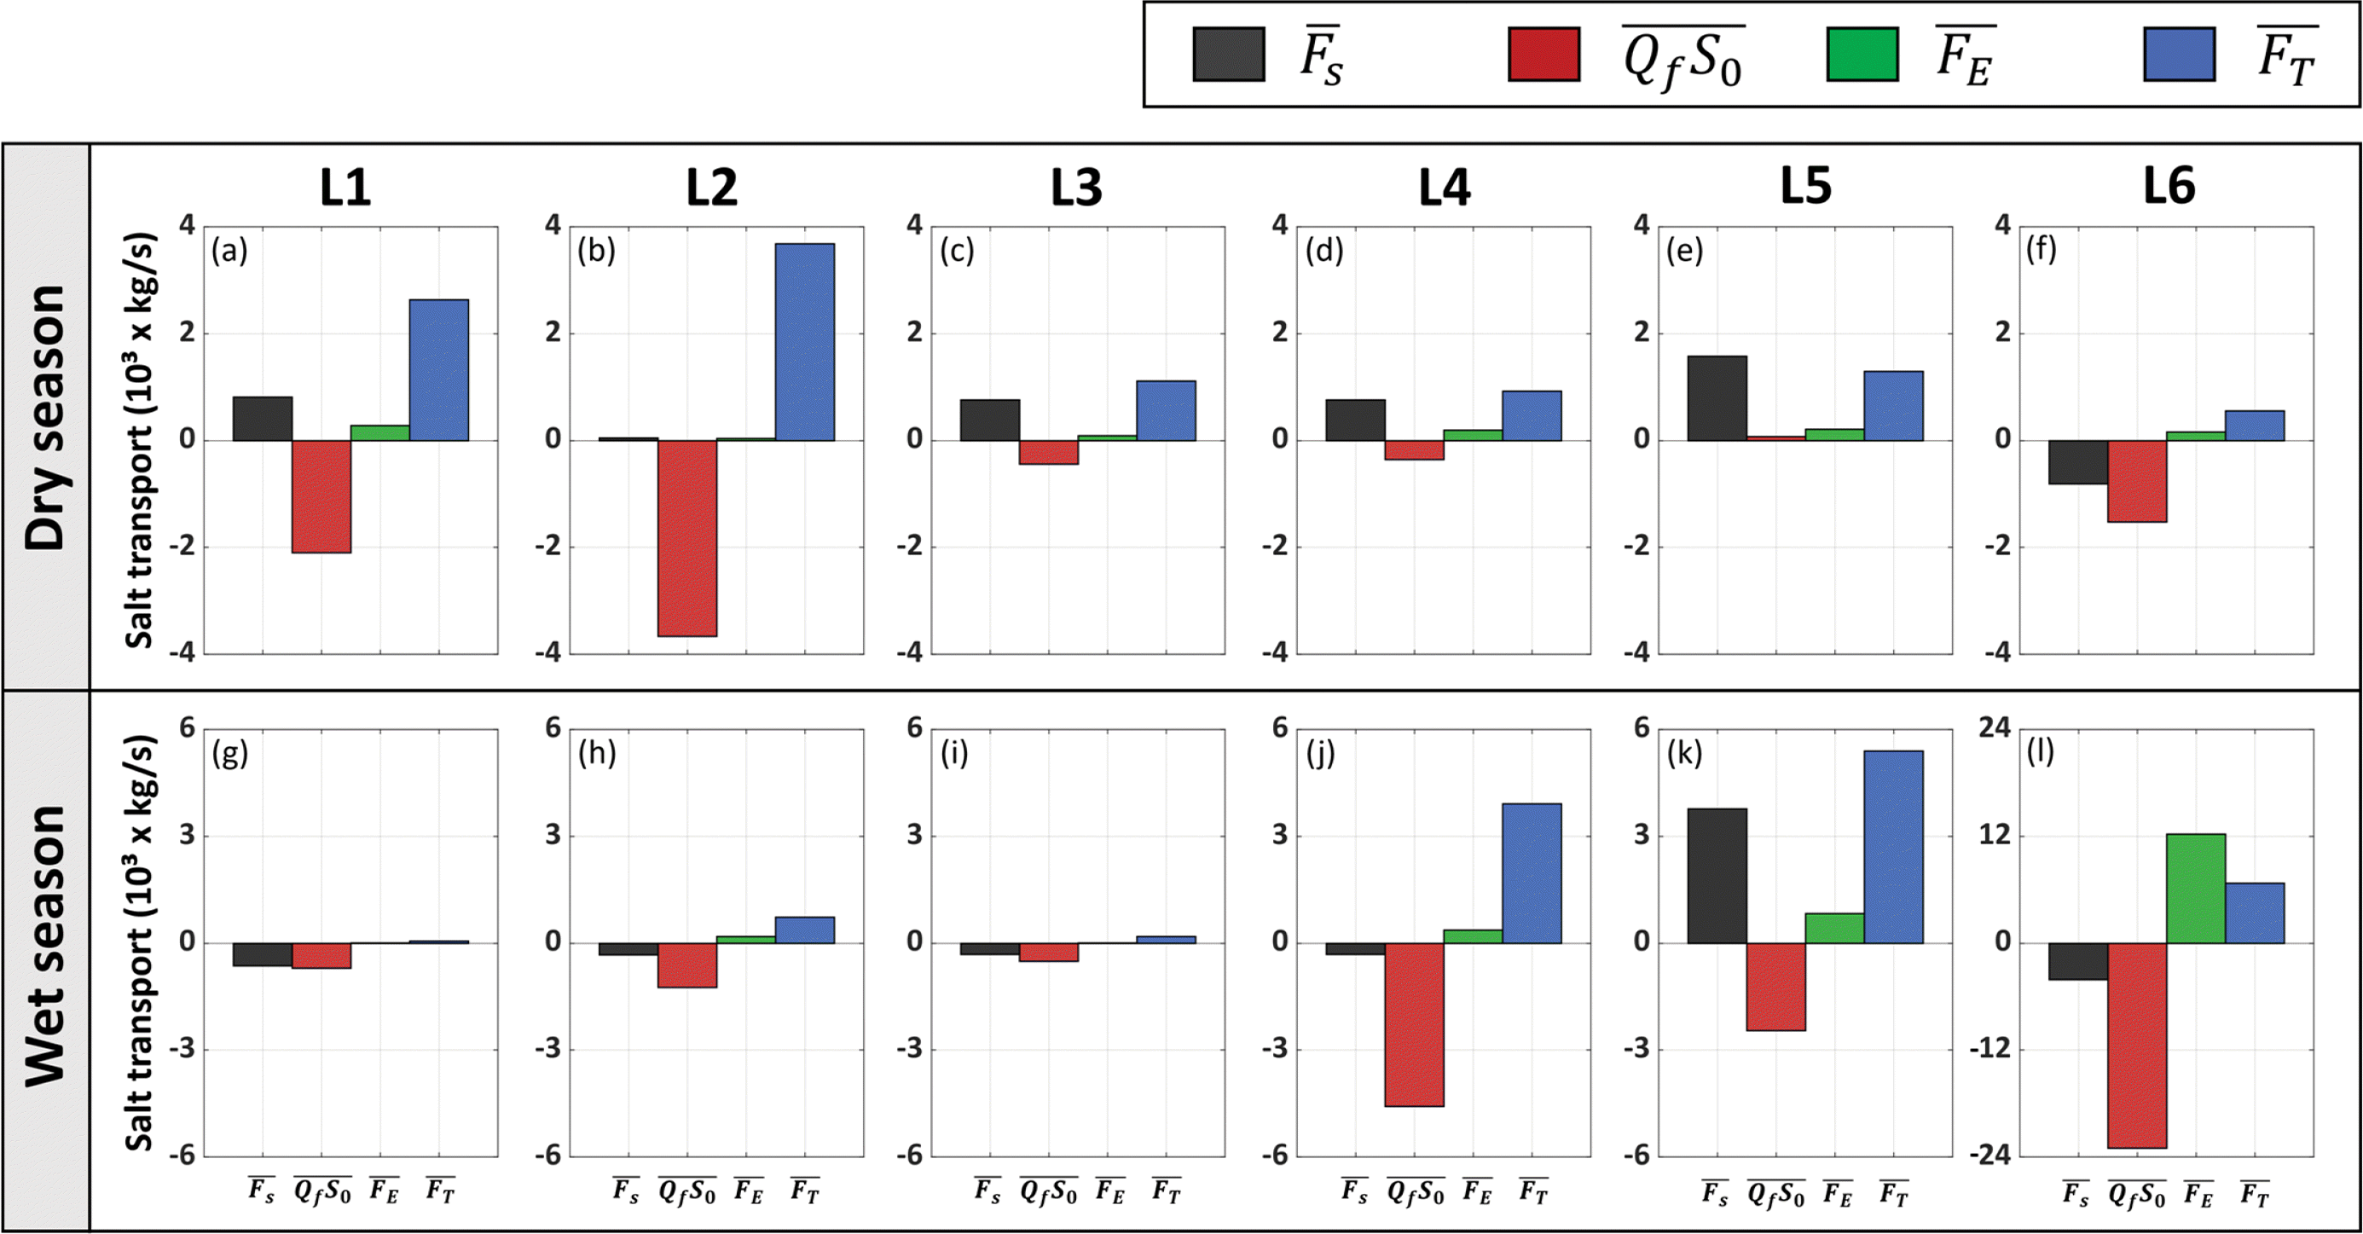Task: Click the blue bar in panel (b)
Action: [x=804, y=341]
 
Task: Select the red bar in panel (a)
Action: [x=321, y=496]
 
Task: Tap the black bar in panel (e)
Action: [x=1717, y=398]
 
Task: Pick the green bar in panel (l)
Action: [x=2195, y=888]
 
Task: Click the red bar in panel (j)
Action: [x=1414, y=1024]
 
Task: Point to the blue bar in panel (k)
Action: [x=1893, y=847]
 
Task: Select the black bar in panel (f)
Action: [x=2077, y=461]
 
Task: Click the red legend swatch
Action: [x=1543, y=54]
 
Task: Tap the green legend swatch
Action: [x=1862, y=54]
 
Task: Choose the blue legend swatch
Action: [x=2179, y=54]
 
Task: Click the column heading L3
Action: [x=1076, y=187]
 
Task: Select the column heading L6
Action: [x=2169, y=186]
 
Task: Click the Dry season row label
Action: [x=46, y=418]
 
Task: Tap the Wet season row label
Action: [x=46, y=946]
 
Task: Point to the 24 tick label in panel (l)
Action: [x=1995, y=727]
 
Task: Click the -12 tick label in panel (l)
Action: [x=1989, y=1049]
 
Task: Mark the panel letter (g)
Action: [x=229, y=754]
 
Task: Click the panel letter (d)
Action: [x=1323, y=251]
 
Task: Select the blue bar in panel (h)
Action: [x=804, y=930]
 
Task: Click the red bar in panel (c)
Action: [x=1049, y=452]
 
